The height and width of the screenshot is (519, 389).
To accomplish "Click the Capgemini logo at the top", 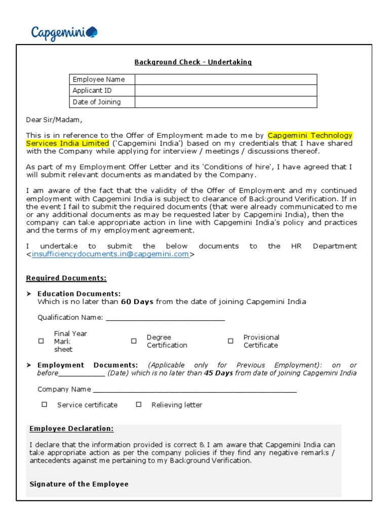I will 64,33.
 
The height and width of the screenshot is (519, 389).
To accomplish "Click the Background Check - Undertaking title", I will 193,62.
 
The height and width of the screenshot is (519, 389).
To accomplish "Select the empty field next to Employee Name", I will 225,80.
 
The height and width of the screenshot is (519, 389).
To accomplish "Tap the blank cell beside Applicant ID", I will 225,91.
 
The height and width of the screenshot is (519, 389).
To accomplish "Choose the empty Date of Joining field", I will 225,102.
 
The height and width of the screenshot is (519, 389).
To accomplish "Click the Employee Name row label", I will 98,80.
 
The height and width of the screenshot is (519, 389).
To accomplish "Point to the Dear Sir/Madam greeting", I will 54,120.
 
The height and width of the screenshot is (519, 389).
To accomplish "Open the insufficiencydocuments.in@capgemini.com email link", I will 110,254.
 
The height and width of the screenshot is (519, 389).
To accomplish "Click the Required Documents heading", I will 66,278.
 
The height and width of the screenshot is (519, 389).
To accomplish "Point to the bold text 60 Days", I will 137,302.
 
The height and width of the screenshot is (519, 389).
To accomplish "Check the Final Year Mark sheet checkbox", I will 42,341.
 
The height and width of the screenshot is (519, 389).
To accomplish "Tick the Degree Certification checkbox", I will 134,341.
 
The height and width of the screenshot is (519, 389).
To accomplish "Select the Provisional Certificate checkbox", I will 230,341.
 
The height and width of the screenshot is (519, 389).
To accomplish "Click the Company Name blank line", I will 195,390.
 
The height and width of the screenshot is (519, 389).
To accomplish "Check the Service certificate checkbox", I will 45,404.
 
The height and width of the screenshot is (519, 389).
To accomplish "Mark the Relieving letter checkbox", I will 139,404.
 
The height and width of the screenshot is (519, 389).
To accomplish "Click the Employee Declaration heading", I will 71,429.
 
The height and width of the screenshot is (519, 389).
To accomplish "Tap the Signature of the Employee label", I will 79,484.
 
